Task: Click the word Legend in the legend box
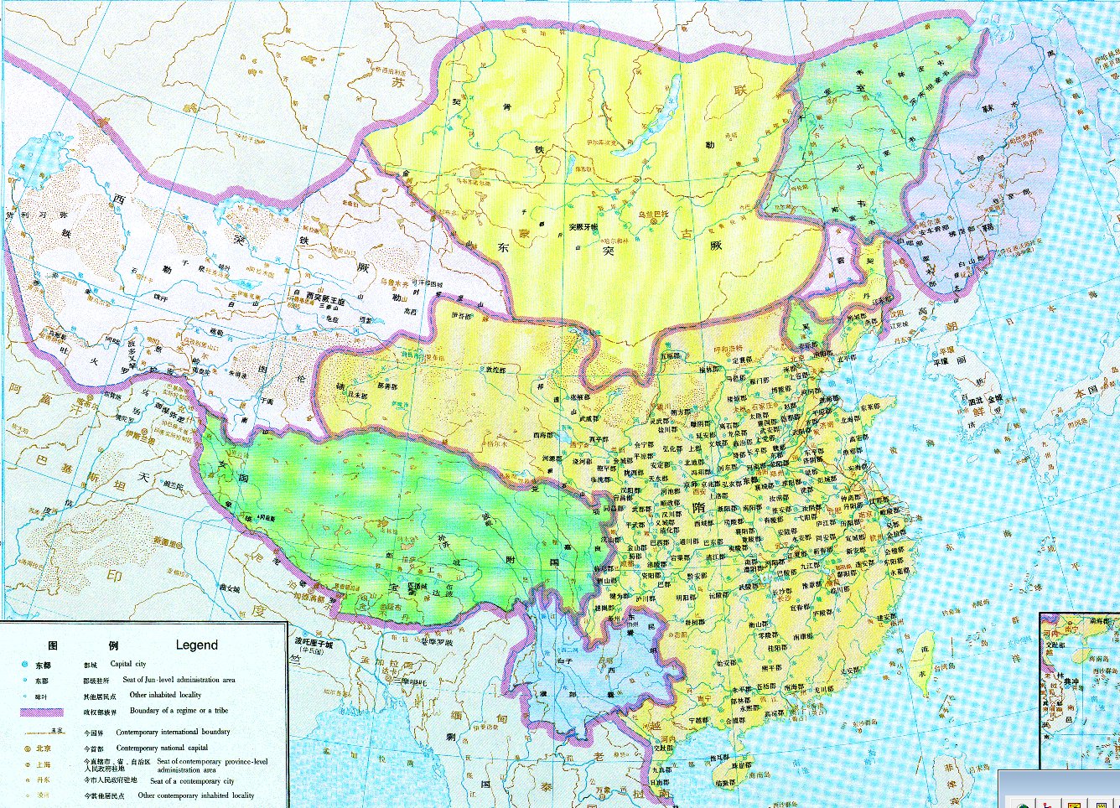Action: click(196, 645)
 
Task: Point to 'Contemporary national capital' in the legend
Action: click(162, 748)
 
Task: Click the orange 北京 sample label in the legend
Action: click(43, 748)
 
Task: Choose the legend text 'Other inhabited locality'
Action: click(165, 695)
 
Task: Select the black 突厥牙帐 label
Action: click(583, 227)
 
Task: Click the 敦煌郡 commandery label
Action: click(475, 369)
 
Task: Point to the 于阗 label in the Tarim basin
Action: click(267, 401)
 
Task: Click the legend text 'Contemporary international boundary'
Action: click(173, 732)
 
